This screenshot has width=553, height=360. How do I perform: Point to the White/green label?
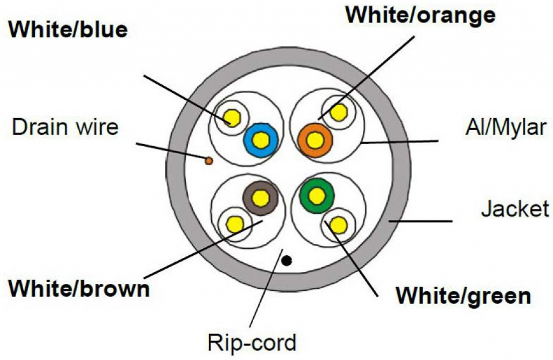click(463, 295)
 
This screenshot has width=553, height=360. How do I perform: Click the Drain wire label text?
click(65, 128)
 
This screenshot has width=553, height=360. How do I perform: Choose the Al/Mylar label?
click(507, 129)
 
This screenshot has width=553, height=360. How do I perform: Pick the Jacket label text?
click(515, 208)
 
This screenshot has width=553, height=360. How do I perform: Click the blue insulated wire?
click(261, 140)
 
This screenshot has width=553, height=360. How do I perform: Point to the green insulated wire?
click(317, 194)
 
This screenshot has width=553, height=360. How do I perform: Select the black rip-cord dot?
click(287, 261)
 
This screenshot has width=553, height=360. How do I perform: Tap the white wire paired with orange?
click(339, 112)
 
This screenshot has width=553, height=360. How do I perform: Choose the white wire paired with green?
click(338, 224)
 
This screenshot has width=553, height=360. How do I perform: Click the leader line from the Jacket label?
click(421, 221)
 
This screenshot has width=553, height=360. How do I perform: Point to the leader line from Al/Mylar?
click(400, 142)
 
